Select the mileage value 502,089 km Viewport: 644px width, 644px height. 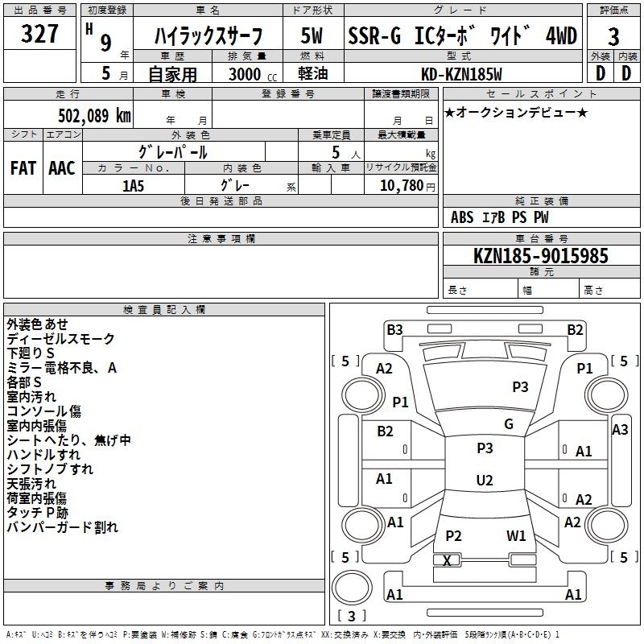(x=94, y=115)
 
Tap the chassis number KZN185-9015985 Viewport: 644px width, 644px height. (x=540, y=256)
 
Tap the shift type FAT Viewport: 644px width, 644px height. (x=23, y=168)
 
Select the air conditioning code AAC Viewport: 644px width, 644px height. (x=62, y=168)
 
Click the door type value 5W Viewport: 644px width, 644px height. (x=312, y=36)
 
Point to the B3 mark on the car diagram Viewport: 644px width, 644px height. (x=394, y=329)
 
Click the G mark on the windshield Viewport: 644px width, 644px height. (x=509, y=423)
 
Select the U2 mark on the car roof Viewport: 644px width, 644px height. (x=485, y=481)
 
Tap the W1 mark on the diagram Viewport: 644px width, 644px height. (x=516, y=535)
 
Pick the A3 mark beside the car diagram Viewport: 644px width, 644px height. (x=620, y=430)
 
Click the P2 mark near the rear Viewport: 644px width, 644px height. (x=454, y=535)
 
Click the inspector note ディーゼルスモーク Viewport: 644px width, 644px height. (x=60, y=339)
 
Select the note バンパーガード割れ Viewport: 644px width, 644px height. (x=63, y=527)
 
